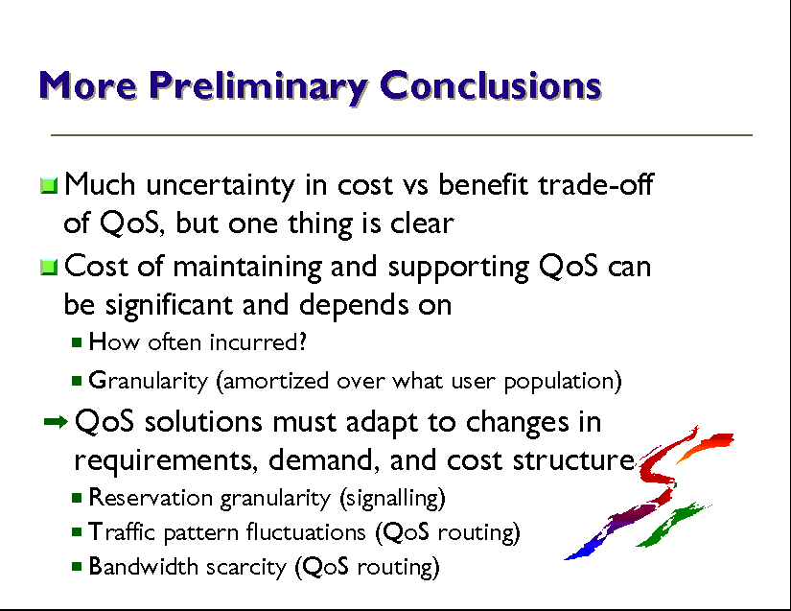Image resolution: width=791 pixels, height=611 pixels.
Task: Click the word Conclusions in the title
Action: pos(490,85)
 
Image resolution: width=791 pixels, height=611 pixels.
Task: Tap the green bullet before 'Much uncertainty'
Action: pos(49,186)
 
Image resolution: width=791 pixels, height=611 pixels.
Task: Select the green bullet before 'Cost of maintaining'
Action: pos(49,268)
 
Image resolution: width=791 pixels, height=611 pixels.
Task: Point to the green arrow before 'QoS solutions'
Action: pos(56,422)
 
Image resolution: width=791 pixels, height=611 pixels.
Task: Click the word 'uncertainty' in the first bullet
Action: pos(221,185)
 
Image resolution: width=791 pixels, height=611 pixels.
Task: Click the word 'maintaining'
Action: pos(247,268)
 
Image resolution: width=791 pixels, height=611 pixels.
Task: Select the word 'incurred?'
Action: pos(258,342)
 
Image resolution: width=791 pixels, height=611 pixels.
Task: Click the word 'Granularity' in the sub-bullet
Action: pos(149,382)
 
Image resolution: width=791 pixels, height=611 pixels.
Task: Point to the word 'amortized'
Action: pos(272,381)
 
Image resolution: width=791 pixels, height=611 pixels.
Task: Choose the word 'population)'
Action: pos(563,382)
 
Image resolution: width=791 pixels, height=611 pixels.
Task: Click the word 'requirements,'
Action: pos(166,460)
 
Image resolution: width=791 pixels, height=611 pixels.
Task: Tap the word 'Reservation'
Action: pos(151,498)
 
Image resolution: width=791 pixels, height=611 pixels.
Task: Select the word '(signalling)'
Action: pos(392,499)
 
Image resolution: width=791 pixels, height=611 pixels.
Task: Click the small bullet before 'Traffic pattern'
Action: pos(77,531)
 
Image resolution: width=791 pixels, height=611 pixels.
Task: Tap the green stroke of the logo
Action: pos(672,525)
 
